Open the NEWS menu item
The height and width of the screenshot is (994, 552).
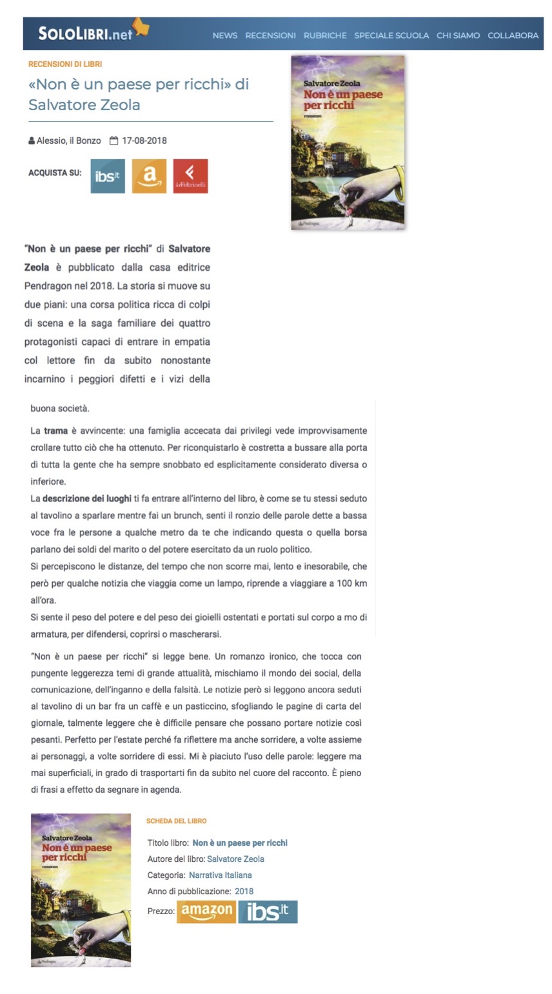(x=225, y=35)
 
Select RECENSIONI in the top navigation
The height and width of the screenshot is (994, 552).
(x=270, y=35)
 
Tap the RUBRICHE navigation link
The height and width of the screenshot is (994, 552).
(x=325, y=35)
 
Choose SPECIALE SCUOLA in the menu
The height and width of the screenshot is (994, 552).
(x=391, y=35)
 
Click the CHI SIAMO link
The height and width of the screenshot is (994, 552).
(x=458, y=35)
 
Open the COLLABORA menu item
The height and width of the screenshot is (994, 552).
(x=513, y=35)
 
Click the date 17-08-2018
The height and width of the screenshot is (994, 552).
(x=144, y=141)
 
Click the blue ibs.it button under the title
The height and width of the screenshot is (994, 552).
(x=108, y=176)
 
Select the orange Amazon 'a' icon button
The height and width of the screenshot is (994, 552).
(x=149, y=176)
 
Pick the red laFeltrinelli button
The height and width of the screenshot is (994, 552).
(x=190, y=176)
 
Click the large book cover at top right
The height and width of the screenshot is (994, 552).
(x=348, y=142)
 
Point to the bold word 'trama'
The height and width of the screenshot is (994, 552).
(x=56, y=431)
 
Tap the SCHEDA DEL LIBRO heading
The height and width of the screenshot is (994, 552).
(x=176, y=821)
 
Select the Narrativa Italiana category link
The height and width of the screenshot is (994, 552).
(x=220, y=875)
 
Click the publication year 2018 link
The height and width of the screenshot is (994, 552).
(x=244, y=891)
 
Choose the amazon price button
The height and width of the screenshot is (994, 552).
(x=206, y=911)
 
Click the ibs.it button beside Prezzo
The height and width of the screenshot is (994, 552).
(x=268, y=911)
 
